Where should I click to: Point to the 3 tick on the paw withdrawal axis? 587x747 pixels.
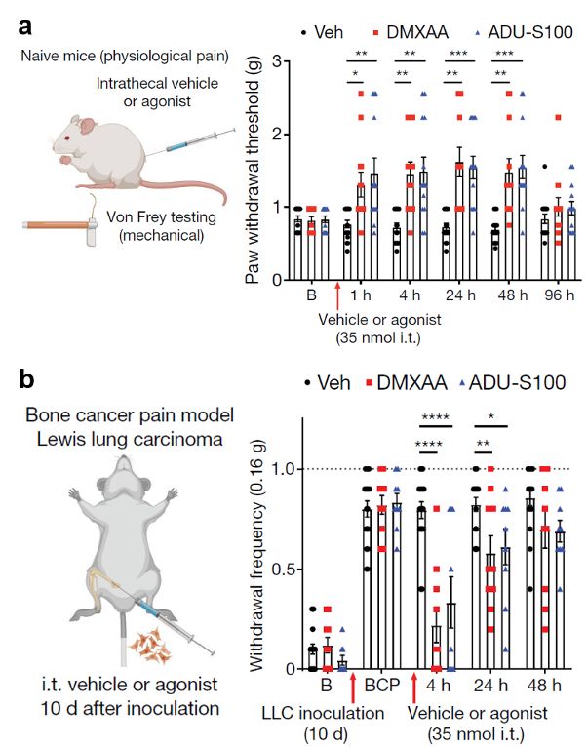pyautogui.click(x=278, y=60)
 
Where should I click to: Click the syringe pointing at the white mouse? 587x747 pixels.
pyautogui.click(x=184, y=142)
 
